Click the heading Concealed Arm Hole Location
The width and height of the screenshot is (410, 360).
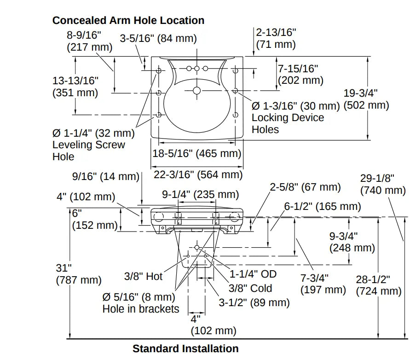click(128, 20)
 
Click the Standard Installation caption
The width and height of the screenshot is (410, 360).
click(185, 348)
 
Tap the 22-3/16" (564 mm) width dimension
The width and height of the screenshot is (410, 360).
click(198, 174)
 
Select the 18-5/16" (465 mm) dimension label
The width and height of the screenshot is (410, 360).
click(197, 153)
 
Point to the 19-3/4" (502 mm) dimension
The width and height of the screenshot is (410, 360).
click(366, 99)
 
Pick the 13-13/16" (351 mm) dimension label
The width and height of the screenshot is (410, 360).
click(75, 86)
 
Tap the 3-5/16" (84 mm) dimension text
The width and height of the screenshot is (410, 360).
click(158, 39)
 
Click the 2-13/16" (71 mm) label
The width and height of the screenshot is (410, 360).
click(276, 38)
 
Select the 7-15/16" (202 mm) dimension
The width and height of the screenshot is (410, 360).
click(300, 74)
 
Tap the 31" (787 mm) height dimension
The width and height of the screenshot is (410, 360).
click(78, 273)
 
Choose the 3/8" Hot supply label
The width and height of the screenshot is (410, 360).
click(144, 276)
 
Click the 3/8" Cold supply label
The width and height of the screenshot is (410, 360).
click(250, 288)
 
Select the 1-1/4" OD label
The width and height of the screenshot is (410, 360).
click(253, 274)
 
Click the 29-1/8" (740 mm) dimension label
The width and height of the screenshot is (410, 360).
click(383, 184)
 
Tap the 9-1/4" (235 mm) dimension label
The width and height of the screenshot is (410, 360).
click(200, 194)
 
